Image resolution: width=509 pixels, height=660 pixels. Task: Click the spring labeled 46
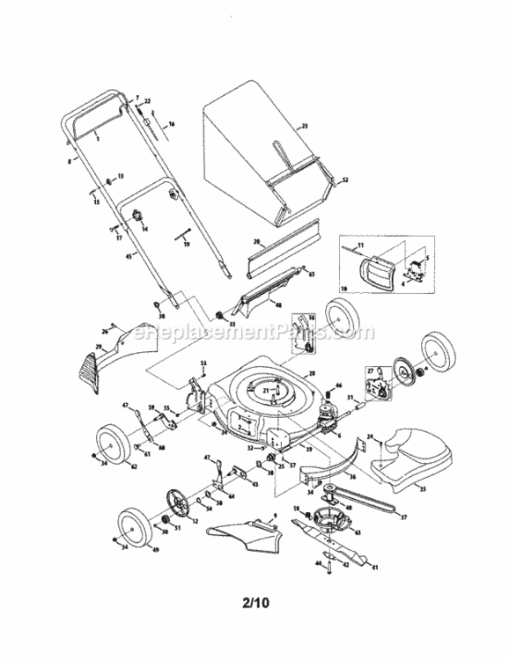click(x=329, y=391)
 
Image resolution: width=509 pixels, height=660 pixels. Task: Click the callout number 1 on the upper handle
click(x=96, y=140)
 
